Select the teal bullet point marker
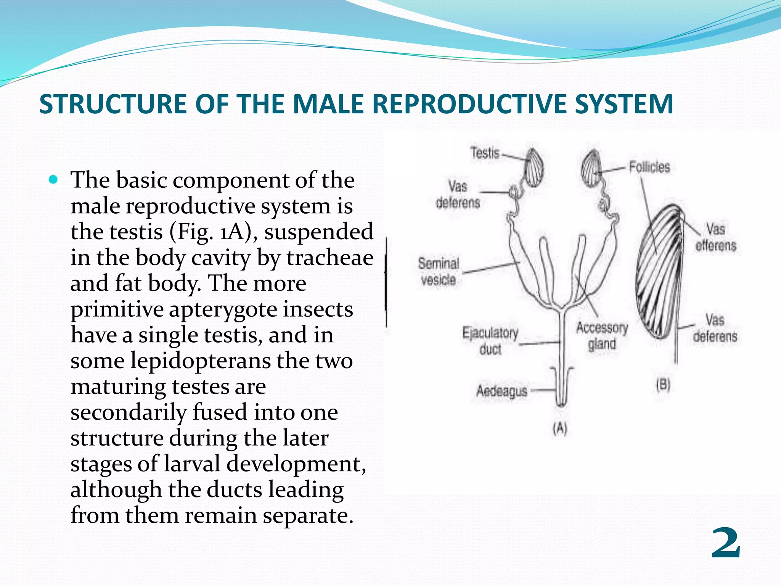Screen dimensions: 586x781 (x=53, y=179)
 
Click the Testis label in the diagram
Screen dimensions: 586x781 (x=485, y=153)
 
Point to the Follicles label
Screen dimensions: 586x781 (x=649, y=167)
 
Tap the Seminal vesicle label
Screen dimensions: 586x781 (x=439, y=271)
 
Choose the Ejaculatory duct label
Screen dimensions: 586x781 (x=490, y=341)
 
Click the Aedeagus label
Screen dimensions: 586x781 (x=501, y=391)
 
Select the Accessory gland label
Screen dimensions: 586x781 (x=602, y=336)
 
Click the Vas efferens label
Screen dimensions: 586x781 (x=715, y=237)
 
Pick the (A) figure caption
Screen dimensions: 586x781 (x=560, y=429)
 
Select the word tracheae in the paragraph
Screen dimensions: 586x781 (x=330, y=258)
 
